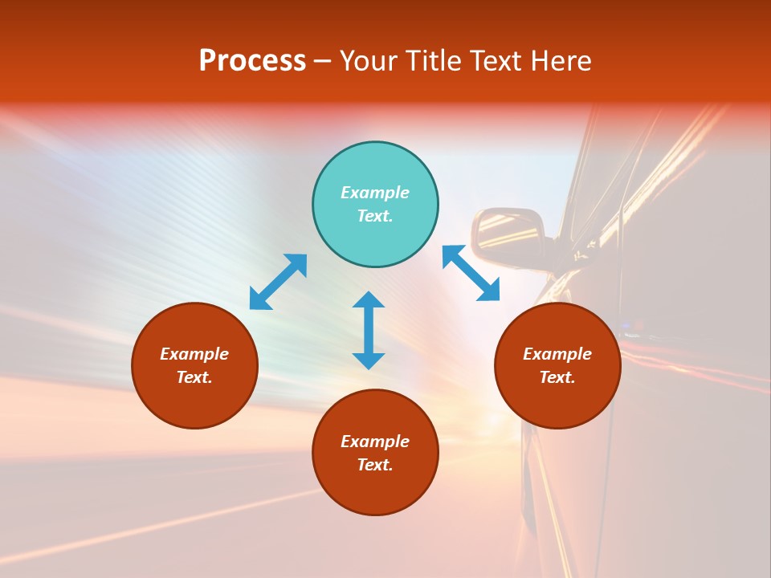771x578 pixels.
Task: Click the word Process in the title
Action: click(252, 61)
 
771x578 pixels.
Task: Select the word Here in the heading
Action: click(561, 61)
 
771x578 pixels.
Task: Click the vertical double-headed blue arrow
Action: click(369, 330)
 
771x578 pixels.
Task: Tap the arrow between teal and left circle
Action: click(278, 282)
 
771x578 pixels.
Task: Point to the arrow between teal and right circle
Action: click(471, 274)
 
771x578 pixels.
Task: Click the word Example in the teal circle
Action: click(375, 193)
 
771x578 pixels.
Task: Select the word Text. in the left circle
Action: click(194, 377)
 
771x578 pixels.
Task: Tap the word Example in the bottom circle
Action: click(375, 442)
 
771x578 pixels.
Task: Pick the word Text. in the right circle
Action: click(557, 377)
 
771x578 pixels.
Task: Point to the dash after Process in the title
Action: click(322, 62)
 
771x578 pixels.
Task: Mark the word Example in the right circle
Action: click(557, 354)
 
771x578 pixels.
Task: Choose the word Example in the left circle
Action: click(194, 354)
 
